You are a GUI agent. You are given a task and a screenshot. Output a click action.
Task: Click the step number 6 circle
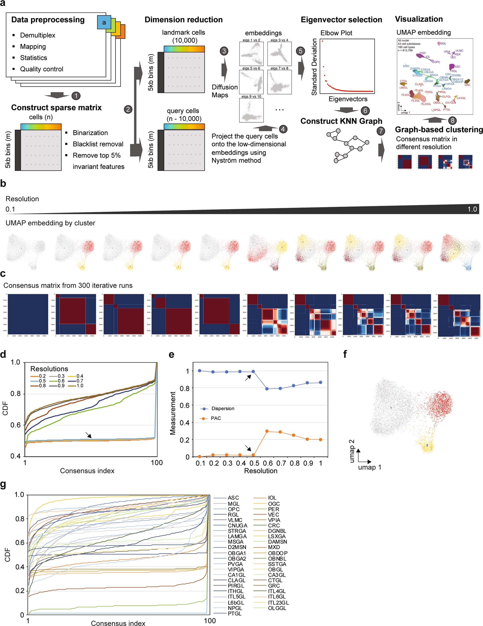click(365, 111)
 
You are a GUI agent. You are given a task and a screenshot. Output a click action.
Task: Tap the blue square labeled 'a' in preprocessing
click(104, 22)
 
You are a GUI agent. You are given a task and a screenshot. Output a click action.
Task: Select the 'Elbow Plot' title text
click(336, 33)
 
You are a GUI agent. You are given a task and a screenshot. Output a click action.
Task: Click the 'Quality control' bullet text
click(42, 69)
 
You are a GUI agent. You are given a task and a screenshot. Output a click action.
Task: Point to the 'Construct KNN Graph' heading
click(341, 121)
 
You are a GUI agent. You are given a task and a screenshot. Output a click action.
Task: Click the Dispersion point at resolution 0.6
click(267, 389)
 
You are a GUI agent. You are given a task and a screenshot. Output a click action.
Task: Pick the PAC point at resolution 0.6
click(267, 431)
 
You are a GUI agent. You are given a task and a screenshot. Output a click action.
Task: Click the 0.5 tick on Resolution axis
click(254, 463)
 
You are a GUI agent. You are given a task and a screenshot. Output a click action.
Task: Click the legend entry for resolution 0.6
click(61, 381)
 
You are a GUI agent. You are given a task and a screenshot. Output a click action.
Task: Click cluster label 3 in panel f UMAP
click(427, 445)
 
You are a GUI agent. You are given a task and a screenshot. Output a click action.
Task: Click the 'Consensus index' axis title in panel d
click(87, 471)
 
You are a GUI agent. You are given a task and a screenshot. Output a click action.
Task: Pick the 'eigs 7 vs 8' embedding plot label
click(279, 68)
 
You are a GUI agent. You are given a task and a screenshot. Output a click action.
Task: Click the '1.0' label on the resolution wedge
click(472, 209)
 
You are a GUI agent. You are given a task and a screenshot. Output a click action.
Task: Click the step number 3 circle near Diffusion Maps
click(224, 51)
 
